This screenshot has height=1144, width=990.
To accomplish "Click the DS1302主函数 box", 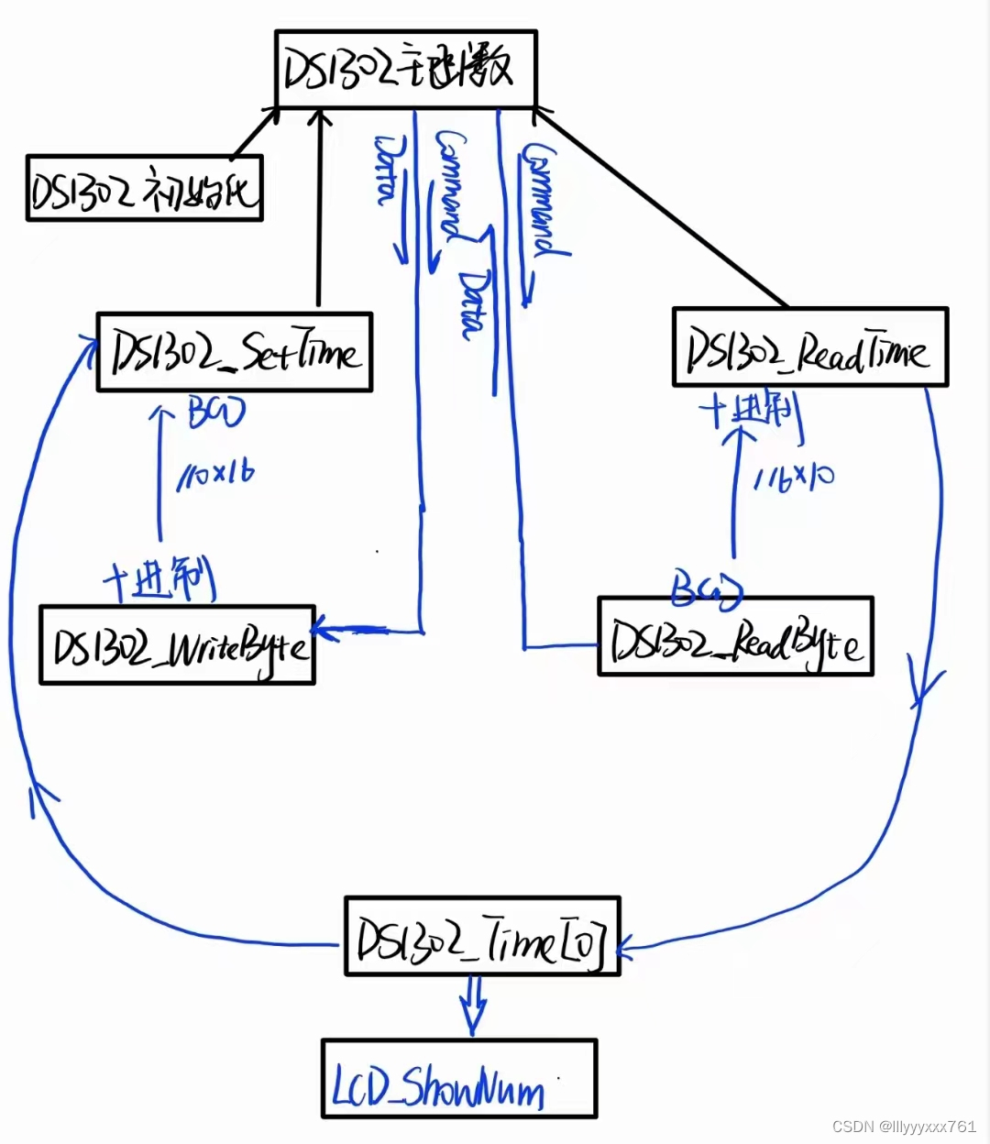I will tap(405, 70).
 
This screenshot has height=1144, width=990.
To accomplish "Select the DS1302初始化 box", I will tap(145, 189).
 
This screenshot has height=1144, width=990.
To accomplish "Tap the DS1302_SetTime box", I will tap(235, 353).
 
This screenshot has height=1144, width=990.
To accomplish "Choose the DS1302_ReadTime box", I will tap(810, 347).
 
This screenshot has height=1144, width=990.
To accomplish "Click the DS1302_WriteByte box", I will tap(178, 645).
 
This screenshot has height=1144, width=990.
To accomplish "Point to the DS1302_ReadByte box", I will tap(735, 637).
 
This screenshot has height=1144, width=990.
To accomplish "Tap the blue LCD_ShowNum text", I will tap(438, 1086).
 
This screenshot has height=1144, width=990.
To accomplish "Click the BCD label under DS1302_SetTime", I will tap(216, 412).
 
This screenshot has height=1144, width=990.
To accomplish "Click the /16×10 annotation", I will tap(794, 478).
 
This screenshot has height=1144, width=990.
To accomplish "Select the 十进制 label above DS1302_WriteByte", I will tap(159, 581).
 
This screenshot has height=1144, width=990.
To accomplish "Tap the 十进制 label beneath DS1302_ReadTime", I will tap(752, 412).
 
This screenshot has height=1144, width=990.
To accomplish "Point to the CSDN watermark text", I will tap(904, 1127).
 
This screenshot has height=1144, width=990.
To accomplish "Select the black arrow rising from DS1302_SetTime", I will tap(319, 211).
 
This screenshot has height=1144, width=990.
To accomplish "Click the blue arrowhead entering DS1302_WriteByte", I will tap(326, 631).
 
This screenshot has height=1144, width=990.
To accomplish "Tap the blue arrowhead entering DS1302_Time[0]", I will tap(627, 948).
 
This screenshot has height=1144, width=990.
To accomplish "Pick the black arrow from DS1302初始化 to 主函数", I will tap(256, 132).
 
